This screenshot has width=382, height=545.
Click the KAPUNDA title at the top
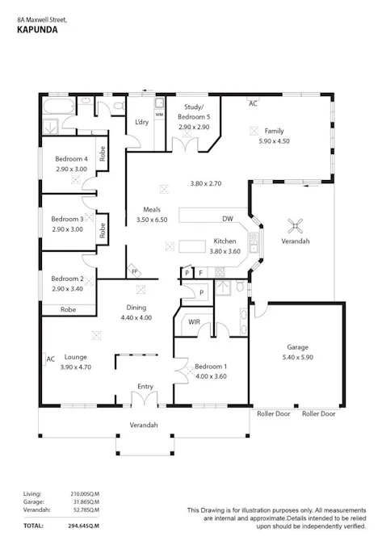click(x=37, y=30)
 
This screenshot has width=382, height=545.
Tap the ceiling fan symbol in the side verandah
click(x=295, y=226)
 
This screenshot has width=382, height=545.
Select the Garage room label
click(x=297, y=347)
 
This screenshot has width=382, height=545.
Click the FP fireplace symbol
click(x=134, y=271)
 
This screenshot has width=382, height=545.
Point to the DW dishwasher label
click(x=228, y=219)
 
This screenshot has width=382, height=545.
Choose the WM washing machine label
click(x=159, y=115)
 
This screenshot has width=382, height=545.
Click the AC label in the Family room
click(x=253, y=103)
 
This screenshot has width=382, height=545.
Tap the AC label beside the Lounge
click(x=51, y=359)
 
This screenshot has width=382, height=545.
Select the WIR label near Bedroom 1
click(x=194, y=322)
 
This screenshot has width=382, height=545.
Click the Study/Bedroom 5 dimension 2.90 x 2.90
click(x=194, y=128)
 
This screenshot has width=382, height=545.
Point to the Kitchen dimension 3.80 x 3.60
click(x=225, y=251)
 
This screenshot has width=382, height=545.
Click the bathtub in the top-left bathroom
click(x=58, y=105)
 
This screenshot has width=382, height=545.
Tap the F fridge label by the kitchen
click(x=200, y=273)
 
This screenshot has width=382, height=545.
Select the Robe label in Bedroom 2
click(x=68, y=309)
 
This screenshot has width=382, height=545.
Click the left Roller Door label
click(x=274, y=413)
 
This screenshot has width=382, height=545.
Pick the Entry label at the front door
click(x=145, y=387)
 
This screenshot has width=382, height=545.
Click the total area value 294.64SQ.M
click(x=83, y=526)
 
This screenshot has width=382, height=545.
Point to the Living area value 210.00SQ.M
click(x=85, y=494)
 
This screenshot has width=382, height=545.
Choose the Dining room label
click(x=136, y=308)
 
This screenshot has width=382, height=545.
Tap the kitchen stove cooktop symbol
click(x=220, y=272)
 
